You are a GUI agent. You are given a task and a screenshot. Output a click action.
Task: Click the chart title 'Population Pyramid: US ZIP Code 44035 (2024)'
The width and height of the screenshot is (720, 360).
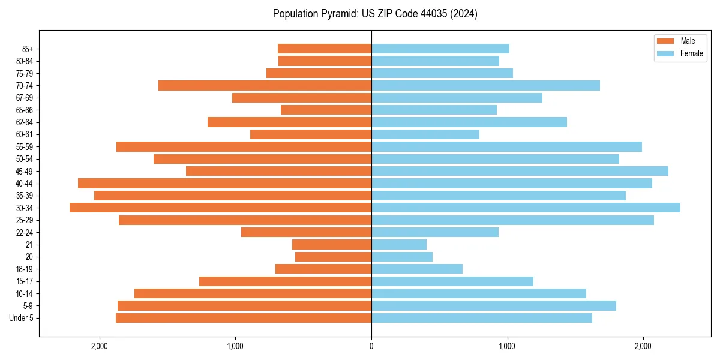(x=375, y=14)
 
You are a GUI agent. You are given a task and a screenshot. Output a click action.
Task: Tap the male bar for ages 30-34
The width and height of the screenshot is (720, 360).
(x=220, y=208)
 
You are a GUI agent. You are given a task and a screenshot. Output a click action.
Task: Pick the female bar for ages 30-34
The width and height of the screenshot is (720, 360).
(x=526, y=208)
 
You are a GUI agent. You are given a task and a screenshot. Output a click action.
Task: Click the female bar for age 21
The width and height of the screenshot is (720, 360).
(x=399, y=244)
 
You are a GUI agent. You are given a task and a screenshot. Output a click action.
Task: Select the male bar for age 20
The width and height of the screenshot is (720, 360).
(x=333, y=257)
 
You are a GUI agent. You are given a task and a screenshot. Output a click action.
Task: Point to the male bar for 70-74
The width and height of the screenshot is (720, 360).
(x=265, y=85)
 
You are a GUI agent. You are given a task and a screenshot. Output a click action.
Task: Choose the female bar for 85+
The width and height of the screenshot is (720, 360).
(x=440, y=49)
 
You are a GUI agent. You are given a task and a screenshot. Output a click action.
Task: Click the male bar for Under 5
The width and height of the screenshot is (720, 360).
(x=244, y=318)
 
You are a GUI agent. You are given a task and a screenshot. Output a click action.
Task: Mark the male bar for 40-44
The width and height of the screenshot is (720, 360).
(x=224, y=183)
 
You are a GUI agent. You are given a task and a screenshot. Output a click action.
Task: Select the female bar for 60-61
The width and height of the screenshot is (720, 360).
(x=425, y=134)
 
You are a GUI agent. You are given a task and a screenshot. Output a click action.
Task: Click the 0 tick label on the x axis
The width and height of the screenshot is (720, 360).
(x=371, y=346)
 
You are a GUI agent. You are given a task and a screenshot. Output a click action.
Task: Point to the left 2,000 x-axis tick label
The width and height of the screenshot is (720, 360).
(x=99, y=346)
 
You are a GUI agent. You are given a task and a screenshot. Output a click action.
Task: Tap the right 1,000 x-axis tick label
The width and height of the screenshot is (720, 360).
(x=507, y=346)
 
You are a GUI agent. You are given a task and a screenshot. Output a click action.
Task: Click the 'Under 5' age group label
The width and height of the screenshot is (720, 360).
(x=21, y=318)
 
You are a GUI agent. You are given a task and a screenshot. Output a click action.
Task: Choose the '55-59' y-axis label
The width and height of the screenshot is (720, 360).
(x=24, y=146)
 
